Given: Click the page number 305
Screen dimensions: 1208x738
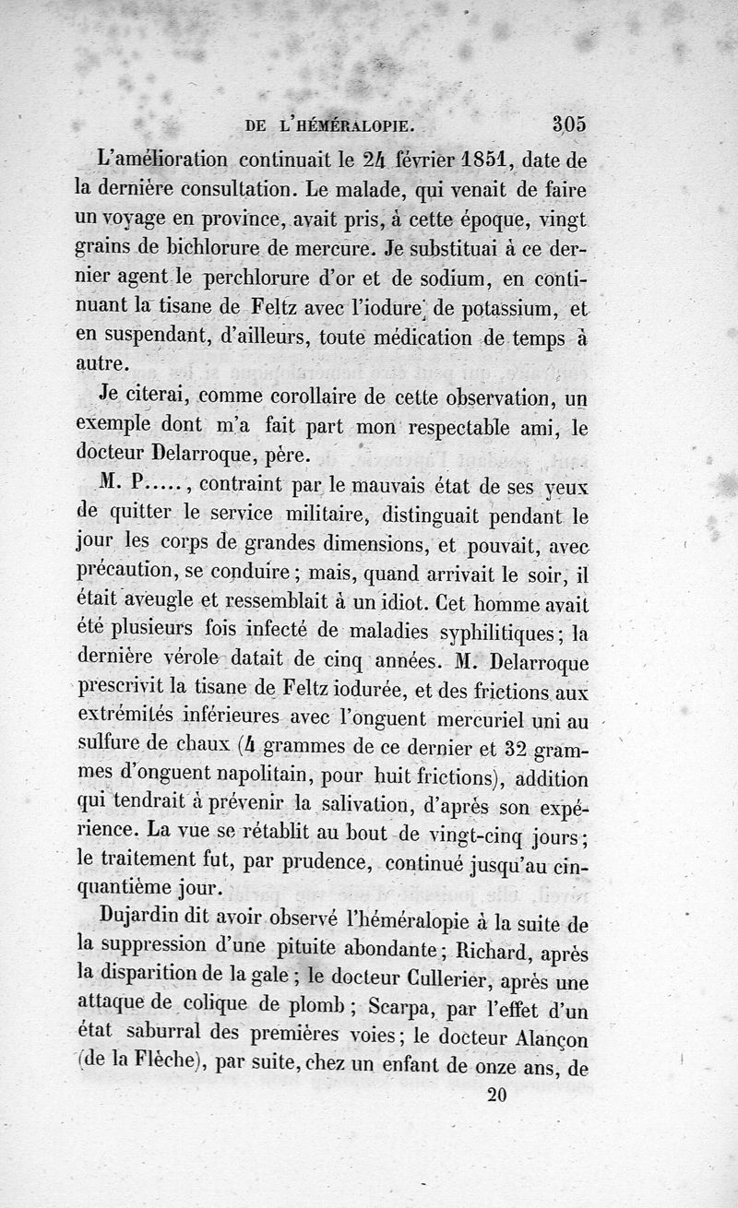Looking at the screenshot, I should click(569, 124).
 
